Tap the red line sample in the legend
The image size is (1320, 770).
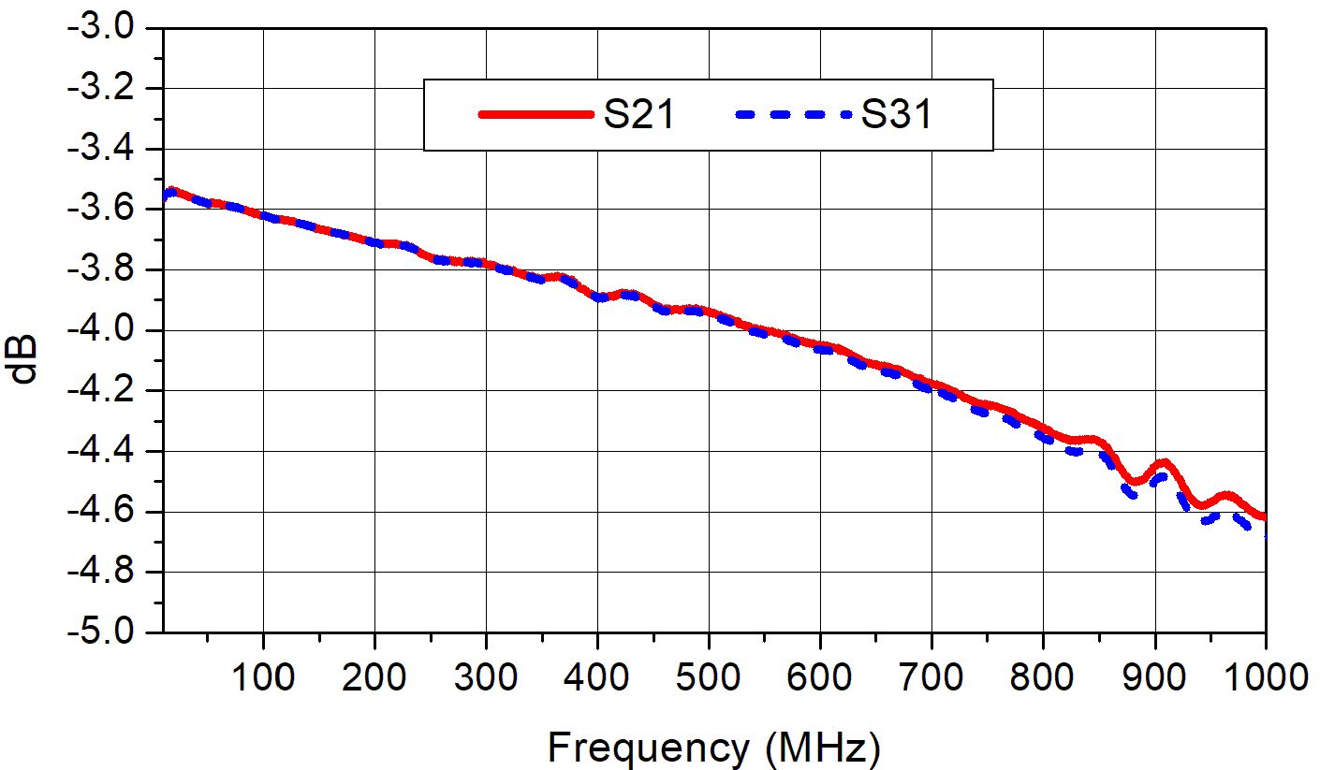(x=536, y=115)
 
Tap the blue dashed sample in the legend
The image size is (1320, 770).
(x=795, y=115)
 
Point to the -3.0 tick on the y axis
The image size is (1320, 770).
(x=102, y=28)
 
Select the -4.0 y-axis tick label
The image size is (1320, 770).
(x=102, y=330)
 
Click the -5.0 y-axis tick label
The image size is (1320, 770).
(x=102, y=632)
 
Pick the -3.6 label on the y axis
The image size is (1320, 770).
(x=102, y=210)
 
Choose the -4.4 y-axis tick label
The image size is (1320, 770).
(x=102, y=451)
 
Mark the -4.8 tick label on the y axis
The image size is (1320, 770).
(x=102, y=572)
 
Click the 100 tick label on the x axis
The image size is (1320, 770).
(x=263, y=676)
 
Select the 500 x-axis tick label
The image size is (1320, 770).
(x=709, y=676)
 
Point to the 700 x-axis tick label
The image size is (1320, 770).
(x=931, y=676)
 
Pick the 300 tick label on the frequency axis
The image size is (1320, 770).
(x=486, y=676)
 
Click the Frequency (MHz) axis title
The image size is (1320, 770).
(x=713, y=748)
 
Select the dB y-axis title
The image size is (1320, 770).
(x=25, y=359)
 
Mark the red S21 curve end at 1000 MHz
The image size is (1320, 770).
(x=1264, y=516)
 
